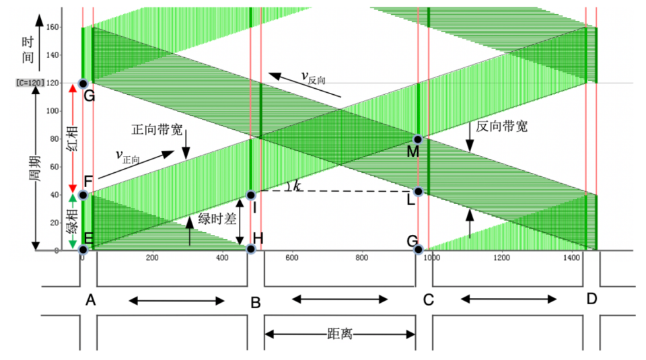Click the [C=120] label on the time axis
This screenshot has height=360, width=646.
[30, 83]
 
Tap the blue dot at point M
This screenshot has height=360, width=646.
[418, 139]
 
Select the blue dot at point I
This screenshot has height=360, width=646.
[250, 195]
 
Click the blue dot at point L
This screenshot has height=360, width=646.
[418, 191]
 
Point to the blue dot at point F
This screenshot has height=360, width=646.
[83, 195]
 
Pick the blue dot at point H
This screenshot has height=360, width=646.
[251, 249]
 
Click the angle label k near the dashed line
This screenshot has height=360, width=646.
[296, 184]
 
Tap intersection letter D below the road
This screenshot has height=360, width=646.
[591, 298]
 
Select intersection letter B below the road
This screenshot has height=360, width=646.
[255, 303]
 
